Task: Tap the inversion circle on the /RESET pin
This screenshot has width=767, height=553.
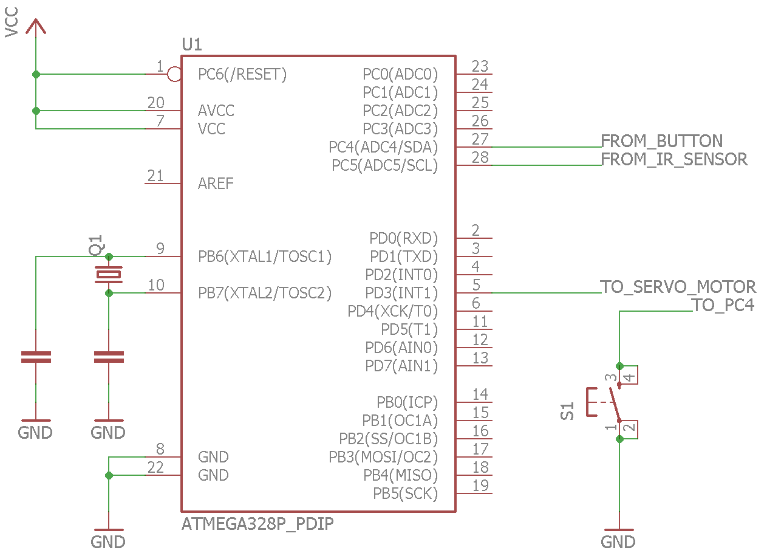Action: point(175,74)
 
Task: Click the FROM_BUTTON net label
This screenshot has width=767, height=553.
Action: point(661,141)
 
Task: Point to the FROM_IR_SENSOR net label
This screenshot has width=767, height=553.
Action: point(674,159)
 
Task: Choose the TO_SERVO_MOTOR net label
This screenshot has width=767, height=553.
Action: point(678,286)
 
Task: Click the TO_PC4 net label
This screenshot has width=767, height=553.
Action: point(723,305)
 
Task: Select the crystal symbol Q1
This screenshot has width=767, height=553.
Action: point(109,274)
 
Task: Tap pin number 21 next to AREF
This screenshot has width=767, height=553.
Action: point(155,176)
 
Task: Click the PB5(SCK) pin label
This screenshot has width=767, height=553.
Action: point(405,493)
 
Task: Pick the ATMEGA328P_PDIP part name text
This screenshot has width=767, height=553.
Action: point(257,524)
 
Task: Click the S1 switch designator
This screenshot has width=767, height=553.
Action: point(567,411)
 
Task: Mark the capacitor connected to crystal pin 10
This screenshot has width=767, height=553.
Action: point(109,357)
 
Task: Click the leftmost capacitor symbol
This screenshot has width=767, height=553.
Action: point(36,357)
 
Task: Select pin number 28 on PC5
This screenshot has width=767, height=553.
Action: point(480,157)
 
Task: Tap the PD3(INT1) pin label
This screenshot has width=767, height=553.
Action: point(401,293)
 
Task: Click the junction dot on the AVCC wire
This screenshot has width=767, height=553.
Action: point(36,111)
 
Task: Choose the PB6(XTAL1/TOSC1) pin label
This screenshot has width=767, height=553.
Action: point(265,256)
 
